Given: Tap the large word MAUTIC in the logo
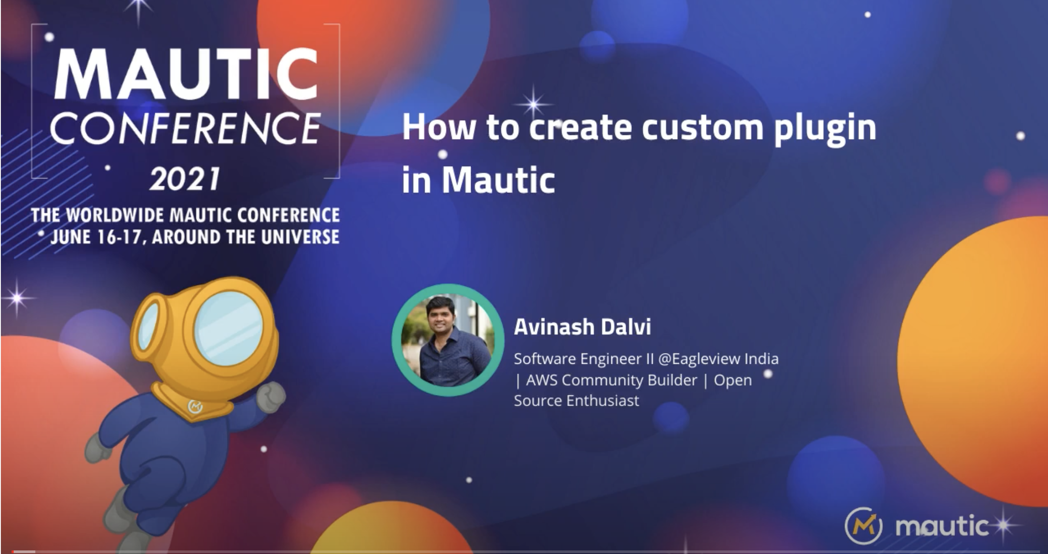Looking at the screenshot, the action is (x=186, y=74).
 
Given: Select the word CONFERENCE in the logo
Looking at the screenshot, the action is (x=185, y=128).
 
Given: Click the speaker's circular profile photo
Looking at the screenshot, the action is (x=448, y=340).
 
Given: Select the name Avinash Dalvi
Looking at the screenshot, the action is (x=582, y=326).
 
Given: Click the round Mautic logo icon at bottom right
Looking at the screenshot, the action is (x=863, y=526).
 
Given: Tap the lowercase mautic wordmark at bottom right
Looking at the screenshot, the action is (x=942, y=526).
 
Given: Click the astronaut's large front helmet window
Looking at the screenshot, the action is (x=229, y=329).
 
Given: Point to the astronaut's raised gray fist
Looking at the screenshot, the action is (x=271, y=397).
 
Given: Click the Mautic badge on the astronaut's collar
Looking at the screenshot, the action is (x=195, y=407).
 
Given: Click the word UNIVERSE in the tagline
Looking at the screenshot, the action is (x=300, y=237).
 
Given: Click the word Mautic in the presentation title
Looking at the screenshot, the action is (x=498, y=180).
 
